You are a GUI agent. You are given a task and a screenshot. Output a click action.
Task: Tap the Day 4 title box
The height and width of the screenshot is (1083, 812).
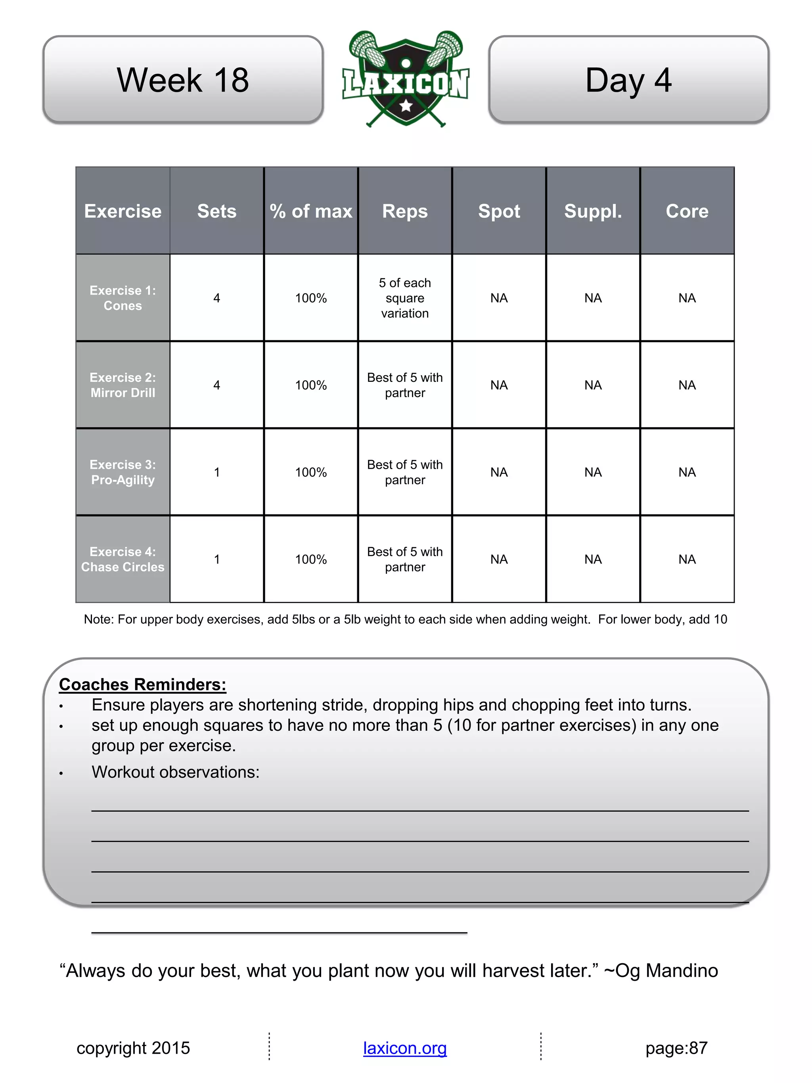[628, 79]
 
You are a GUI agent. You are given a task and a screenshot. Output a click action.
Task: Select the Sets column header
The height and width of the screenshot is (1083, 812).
[217, 211]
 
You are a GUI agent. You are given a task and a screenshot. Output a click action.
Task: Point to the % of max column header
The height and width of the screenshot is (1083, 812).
[311, 211]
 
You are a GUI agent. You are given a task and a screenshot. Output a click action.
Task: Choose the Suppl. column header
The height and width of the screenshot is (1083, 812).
[593, 211]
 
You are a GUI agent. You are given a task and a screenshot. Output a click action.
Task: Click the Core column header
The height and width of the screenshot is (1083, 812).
[687, 211]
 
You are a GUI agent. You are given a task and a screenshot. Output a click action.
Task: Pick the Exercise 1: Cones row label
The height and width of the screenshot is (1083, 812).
[123, 298]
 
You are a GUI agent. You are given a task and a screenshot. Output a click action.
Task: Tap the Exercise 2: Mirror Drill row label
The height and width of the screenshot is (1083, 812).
[123, 385]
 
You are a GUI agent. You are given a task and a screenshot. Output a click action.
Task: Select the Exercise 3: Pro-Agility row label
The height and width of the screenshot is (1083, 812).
[123, 472]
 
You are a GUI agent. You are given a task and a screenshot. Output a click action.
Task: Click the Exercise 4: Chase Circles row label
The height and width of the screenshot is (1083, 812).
[123, 559]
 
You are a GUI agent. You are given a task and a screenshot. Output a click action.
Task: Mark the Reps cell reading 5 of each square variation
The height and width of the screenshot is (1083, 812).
[405, 298]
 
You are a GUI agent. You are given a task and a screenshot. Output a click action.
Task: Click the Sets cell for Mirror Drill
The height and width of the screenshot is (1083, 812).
[217, 385]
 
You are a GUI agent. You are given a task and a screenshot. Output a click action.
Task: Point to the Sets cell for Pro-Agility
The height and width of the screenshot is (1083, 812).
[217, 472]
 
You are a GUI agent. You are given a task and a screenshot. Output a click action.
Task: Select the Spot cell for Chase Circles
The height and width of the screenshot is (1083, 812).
[499, 559]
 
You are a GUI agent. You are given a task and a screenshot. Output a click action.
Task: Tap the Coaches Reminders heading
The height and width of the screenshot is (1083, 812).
[142, 684]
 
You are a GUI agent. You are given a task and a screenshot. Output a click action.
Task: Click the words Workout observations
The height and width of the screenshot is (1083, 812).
[175, 772]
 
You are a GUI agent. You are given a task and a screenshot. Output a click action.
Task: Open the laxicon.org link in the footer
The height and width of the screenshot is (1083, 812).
[405, 1048]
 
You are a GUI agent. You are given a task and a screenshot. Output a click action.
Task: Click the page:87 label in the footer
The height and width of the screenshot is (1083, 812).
[676, 1048]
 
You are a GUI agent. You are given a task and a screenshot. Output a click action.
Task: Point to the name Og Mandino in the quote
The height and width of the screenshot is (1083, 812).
[666, 970]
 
